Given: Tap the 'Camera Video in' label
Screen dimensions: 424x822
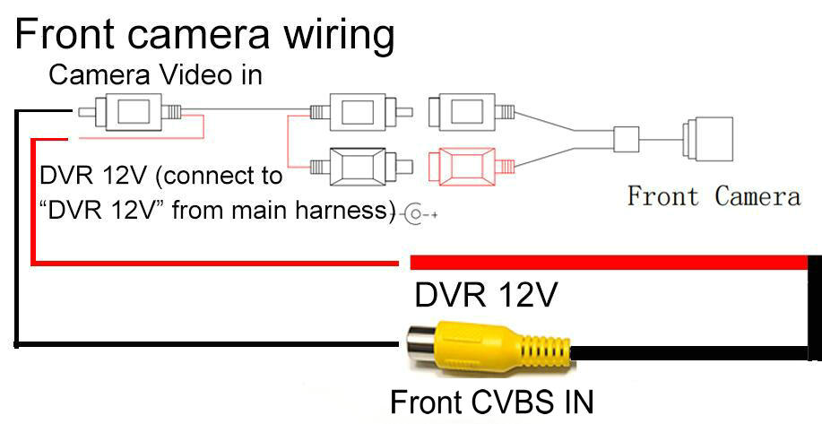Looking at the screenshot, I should pos(155,75).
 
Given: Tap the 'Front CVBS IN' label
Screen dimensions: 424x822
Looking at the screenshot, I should pos(492,401).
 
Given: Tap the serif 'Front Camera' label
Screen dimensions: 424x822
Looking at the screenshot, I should pos(714,195).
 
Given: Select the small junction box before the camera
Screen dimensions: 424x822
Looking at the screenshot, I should pos(626,138).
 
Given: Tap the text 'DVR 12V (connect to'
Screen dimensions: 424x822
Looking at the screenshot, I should pos(161,174).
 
